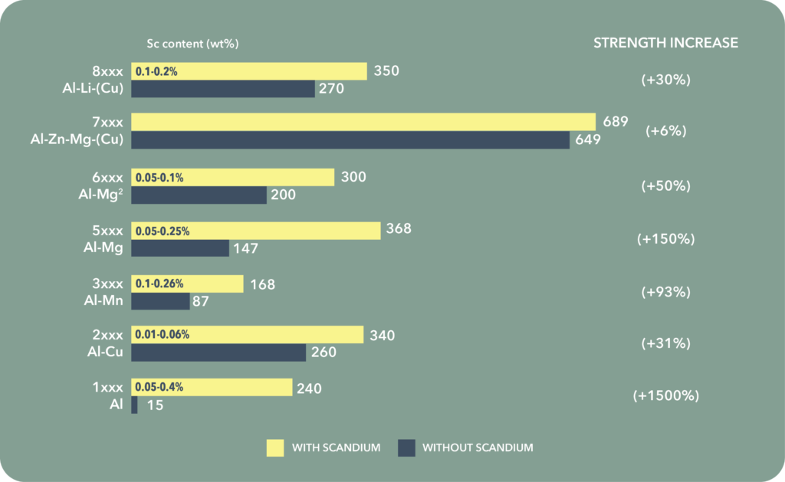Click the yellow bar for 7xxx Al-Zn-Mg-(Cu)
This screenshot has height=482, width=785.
(363, 122)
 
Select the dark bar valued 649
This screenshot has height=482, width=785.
(350, 140)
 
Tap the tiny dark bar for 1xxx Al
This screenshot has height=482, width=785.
(134, 405)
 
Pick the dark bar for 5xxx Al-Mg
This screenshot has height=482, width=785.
(180, 248)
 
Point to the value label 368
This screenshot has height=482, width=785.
(399, 229)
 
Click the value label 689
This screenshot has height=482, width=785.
(615, 121)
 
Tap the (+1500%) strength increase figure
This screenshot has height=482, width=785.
(666, 396)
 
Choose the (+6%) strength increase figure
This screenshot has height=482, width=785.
(665, 131)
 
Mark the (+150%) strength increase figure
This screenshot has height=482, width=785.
(665, 238)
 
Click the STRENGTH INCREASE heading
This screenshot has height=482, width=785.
(665, 43)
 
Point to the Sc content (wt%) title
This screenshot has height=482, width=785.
(193, 44)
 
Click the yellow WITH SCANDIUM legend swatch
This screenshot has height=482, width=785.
(275, 448)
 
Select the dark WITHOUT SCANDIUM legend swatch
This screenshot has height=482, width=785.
(406, 448)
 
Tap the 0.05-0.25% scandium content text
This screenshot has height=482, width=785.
(163, 231)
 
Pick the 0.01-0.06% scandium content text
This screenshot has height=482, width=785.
(163, 335)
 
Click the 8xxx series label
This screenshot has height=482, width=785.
(107, 71)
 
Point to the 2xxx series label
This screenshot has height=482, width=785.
(107, 335)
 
